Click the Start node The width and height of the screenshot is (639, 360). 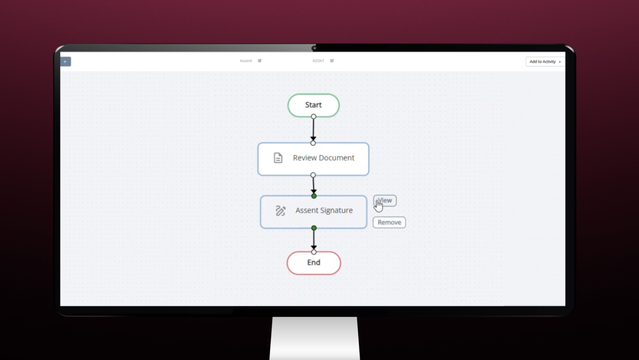pos(313,105)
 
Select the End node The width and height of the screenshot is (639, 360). pos(313,262)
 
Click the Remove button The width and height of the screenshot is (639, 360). pos(389,222)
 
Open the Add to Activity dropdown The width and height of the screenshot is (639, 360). pos(545,61)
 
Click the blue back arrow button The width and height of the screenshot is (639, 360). pos(65,61)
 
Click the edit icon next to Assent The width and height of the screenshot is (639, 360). pos(260,61)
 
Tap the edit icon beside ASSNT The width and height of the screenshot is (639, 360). pos(332,61)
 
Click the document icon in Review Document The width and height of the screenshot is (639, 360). pos(278,158)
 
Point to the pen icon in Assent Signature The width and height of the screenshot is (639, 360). pos(280,211)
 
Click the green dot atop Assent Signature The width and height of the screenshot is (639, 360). pos(314,196)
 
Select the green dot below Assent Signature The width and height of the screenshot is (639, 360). pos(314,228)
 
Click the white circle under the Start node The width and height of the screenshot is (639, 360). pos(313,116)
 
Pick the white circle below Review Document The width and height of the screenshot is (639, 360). pos(313,175)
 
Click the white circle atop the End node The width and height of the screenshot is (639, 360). pos(314,252)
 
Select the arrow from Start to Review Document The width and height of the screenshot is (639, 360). pos(313,129)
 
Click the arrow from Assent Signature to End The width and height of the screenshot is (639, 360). pos(314,239)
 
